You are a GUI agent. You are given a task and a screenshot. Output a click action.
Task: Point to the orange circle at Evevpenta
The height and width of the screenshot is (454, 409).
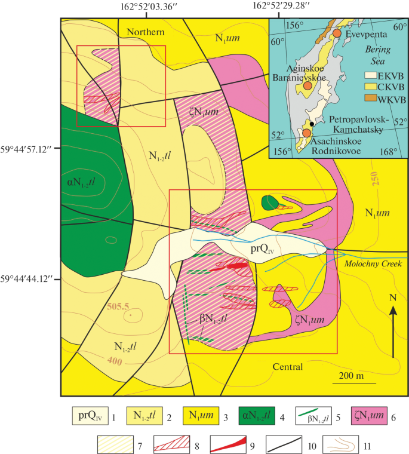(x=337, y=35)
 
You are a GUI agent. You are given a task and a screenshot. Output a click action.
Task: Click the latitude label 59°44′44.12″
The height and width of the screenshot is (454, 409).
(x=28, y=278)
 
